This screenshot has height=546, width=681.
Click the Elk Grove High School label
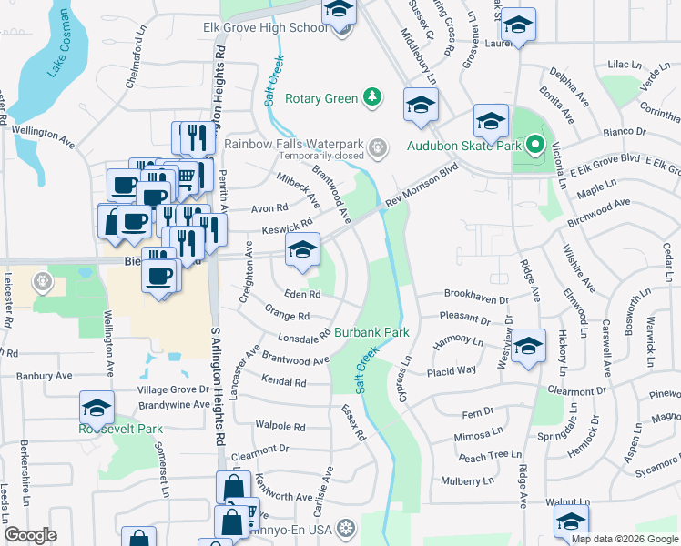point(264,28)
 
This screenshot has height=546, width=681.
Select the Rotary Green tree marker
point(371,96)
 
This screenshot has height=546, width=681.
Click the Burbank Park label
point(371,333)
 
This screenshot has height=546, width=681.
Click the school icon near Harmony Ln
point(528,347)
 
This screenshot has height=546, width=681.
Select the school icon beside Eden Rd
point(302,250)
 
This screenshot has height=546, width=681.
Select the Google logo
point(30,535)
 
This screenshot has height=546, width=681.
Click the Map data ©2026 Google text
point(624,539)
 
